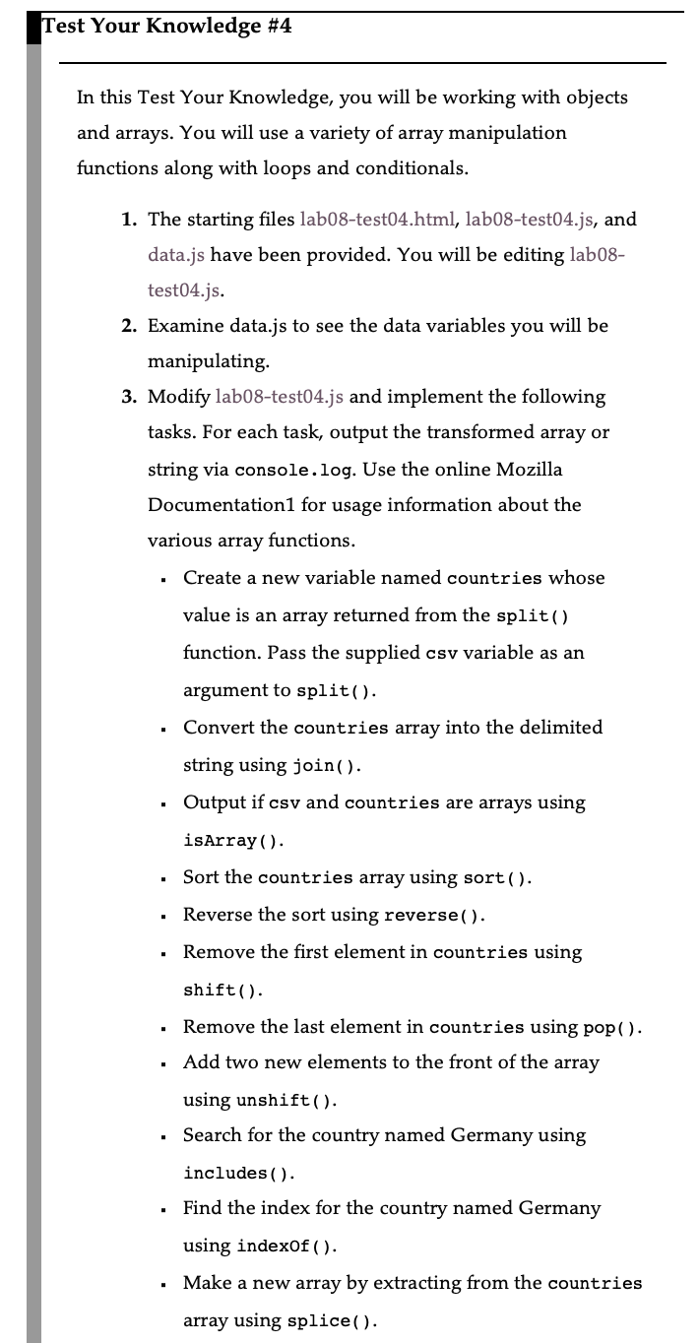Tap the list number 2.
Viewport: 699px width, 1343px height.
tap(129, 325)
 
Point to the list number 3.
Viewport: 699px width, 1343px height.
tap(129, 396)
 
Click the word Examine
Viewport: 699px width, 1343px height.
tap(184, 325)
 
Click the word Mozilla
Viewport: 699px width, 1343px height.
tap(529, 469)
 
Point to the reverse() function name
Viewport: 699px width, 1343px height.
tap(433, 915)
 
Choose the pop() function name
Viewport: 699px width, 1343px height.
tap(612, 1027)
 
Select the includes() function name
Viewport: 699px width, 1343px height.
tap(239, 1173)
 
